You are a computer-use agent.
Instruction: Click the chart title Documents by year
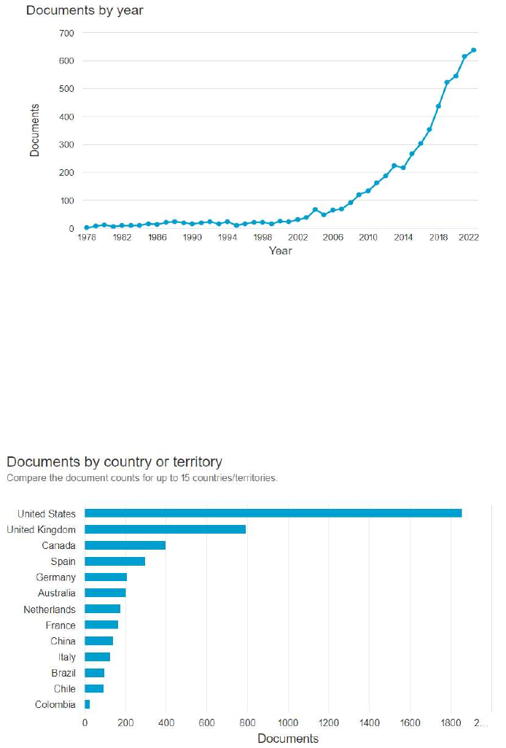(85, 10)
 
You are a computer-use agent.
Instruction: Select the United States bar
(273, 513)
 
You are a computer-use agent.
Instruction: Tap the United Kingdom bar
(165, 529)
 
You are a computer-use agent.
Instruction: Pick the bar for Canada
(125, 545)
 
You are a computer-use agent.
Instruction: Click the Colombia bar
(87, 704)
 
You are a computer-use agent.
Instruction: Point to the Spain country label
(63, 561)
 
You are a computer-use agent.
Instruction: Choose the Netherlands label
(50, 609)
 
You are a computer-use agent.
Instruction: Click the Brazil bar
(95, 673)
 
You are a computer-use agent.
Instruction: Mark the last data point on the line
(474, 50)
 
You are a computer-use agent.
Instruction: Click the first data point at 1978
(86, 227)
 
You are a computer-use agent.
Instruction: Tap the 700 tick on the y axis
(67, 33)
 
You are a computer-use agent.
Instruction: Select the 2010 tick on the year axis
(368, 237)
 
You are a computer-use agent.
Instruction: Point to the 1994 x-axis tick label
(227, 237)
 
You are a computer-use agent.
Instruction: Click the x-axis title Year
(281, 251)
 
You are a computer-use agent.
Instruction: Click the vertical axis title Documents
(34, 130)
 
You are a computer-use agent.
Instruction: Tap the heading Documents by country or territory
(114, 461)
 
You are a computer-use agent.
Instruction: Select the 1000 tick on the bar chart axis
(288, 722)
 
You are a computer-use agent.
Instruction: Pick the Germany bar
(106, 577)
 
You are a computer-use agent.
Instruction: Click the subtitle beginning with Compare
(142, 478)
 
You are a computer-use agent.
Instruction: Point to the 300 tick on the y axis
(67, 144)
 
